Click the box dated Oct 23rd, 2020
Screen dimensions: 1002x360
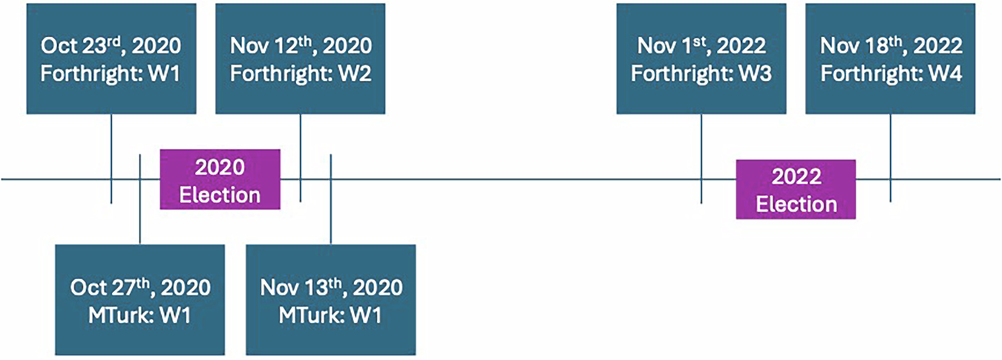pos(111,59)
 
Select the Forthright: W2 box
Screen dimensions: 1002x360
pos(300,59)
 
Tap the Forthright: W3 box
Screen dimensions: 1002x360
pos(701,59)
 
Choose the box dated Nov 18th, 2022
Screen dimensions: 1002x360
pos(890,59)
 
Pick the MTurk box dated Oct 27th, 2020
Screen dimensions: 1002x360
pos(140,299)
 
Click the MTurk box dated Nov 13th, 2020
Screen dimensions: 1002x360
pos(330,299)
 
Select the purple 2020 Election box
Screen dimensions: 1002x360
pos(220,179)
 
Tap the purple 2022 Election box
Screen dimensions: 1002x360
pos(796,189)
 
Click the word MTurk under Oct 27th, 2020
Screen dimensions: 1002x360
pos(114,314)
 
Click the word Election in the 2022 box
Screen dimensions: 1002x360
pos(796,203)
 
